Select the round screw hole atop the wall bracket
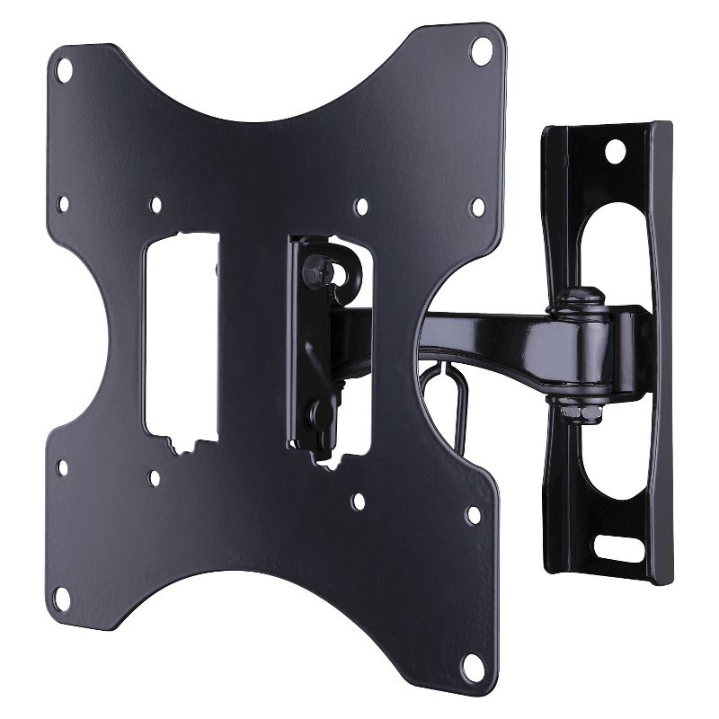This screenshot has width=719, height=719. point(616,149)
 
